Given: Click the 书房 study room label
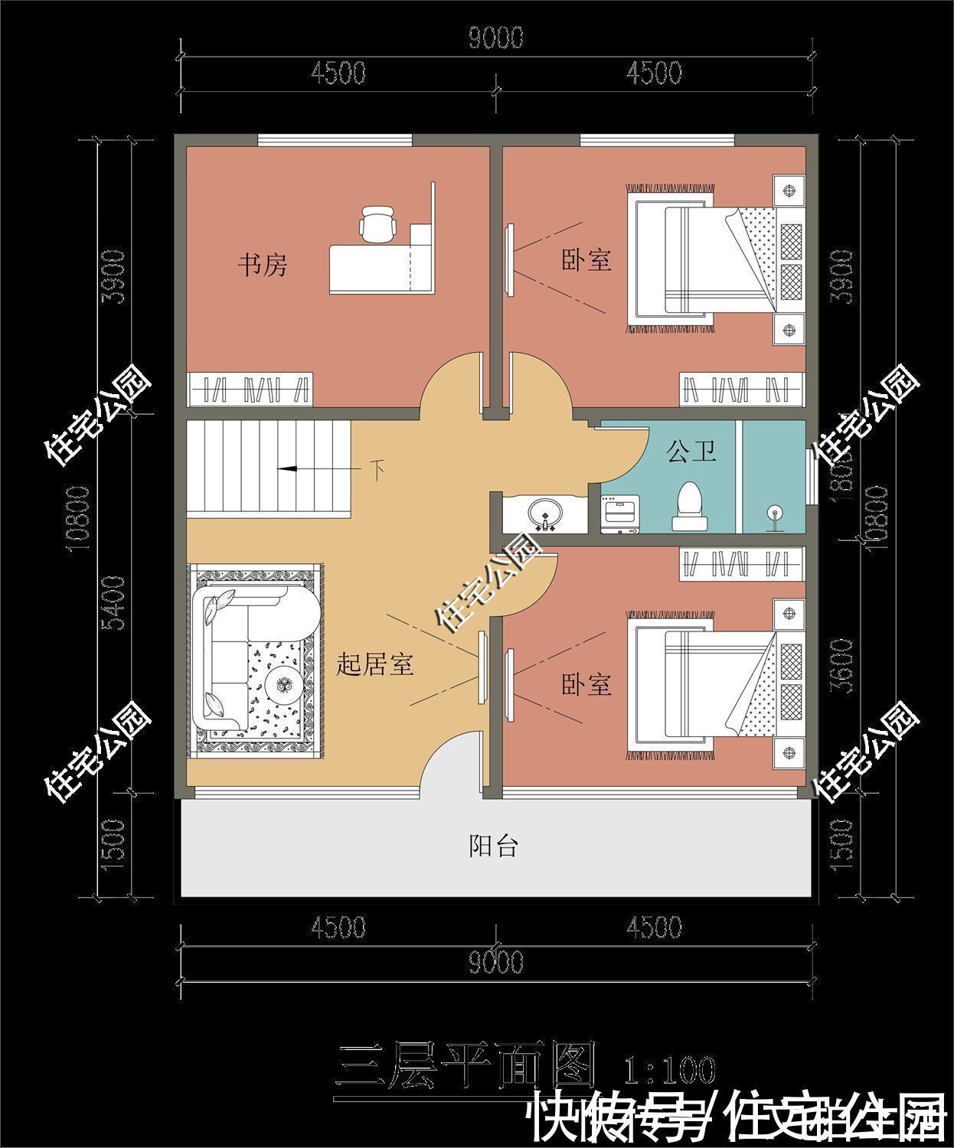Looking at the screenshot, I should (x=262, y=266).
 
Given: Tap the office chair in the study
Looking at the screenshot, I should (x=377, y=222).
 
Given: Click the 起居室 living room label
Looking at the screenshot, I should (x=375, y=664).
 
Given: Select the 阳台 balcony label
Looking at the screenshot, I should (x=493, y=846).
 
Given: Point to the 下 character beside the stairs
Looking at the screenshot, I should (x=377, y=469).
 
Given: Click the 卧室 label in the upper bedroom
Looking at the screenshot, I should (x=586, y=260).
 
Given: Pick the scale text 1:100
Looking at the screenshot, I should (x=669, y=1070).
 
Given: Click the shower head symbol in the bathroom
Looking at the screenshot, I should (x=775, y=516).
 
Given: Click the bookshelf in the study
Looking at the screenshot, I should (x=250, y=389).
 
